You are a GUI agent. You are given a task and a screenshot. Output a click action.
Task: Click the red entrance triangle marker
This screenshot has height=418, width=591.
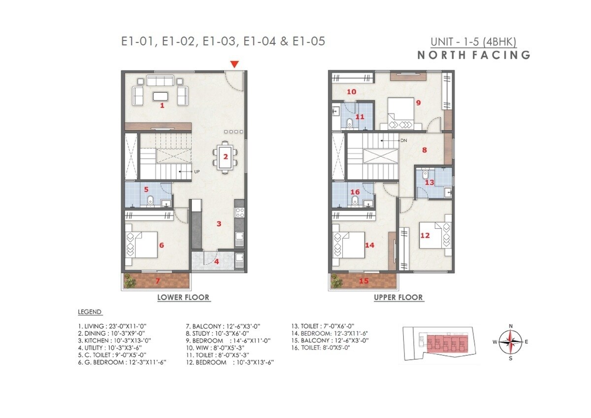pyautogui.click(x=235, y=64)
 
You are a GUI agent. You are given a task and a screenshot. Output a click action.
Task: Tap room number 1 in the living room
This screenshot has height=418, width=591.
pyautogui.click(x=162, y=105)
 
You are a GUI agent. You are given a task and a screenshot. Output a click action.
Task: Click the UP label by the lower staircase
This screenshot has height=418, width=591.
pyautogui.click(x=197, y=172)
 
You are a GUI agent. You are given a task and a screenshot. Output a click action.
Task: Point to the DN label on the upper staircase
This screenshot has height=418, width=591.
pyautogui.click(x=403, y=140)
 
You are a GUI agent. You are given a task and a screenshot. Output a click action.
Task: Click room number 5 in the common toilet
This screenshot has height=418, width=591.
pyautogui.click(x=146, y=189)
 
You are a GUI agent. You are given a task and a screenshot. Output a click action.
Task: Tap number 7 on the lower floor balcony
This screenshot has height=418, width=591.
pyautogui.click(x=158, y=281)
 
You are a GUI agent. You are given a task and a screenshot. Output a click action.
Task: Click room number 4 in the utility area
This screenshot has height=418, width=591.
pyautogui.click(x=217, y=261)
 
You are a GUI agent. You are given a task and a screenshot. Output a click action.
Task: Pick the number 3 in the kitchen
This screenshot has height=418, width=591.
pyautogui.click(x=219, y=224)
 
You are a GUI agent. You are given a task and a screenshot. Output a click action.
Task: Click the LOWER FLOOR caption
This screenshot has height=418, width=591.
pyautogui.click(x=183, y=297)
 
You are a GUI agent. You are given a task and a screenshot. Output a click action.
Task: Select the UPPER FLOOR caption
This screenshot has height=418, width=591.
pyautogui.click(x=398, y=297)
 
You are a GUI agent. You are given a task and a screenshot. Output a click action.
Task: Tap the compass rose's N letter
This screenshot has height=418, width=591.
pyautogui.click(x=511, y=326)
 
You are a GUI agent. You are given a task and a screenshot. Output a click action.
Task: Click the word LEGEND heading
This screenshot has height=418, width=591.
pyautogui.click(x=90, y=312)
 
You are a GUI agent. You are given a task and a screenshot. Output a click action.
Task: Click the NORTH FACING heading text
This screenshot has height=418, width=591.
pyautogui.click(x=474, y=55)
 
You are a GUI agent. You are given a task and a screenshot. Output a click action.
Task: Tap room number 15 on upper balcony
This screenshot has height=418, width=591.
pyautogui.click(x=364, y=281)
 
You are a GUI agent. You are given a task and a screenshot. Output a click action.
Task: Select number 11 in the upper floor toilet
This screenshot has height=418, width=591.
pyautogui.click(x=360, y=117)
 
